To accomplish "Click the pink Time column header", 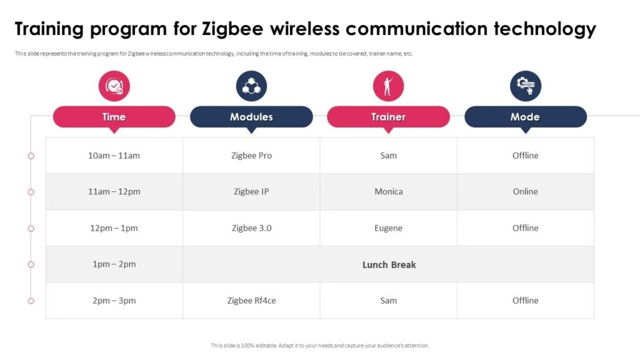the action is point(114,117).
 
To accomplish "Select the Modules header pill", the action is point(251,117).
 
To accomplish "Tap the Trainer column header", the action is point(389,117).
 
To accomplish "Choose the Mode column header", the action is point(526,117).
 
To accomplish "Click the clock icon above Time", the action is point(114,86).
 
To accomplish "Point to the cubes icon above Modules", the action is point(251,86).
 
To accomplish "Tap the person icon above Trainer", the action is point(389,86).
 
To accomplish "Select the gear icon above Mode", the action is point(526,86).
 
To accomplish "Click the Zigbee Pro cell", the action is point(251,156).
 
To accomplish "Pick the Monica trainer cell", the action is point(389,192).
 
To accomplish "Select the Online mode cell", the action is point(526,192).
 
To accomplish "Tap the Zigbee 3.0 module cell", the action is point(251,228).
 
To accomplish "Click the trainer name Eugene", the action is point(389,228).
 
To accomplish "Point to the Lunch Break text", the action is point(389,265).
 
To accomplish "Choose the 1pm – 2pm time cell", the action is point(114,264).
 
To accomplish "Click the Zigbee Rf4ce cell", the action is point(251,301).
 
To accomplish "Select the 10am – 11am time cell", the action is point(114,156).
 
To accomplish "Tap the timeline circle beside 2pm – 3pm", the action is point(31,301).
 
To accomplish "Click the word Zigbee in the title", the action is point(232,29).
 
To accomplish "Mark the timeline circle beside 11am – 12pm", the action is point(31,192).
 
